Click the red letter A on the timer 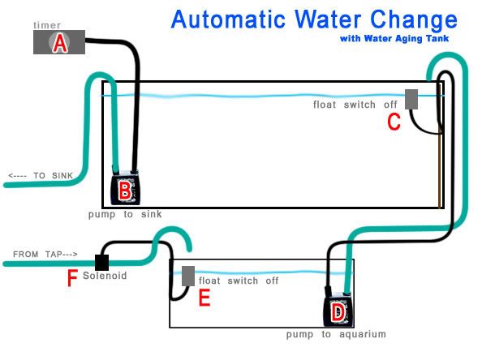click(58, 44)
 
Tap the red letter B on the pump click(125, 191)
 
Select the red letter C click(394, 122)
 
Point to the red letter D click(338, 311)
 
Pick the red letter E click(204, 299)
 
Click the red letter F click(72, 280)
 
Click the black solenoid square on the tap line click(102, 262)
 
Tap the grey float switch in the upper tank click(411, 98)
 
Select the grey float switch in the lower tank click(187, 276)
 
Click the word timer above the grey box click(47, 25)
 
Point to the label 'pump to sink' click(125, 215)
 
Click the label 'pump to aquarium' click(336, 334)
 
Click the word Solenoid click(105, 276)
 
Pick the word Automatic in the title click(235, 19)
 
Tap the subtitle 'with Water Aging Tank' click(393, 38)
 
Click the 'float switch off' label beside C click(355, 105)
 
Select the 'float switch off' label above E click(239, 281)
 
